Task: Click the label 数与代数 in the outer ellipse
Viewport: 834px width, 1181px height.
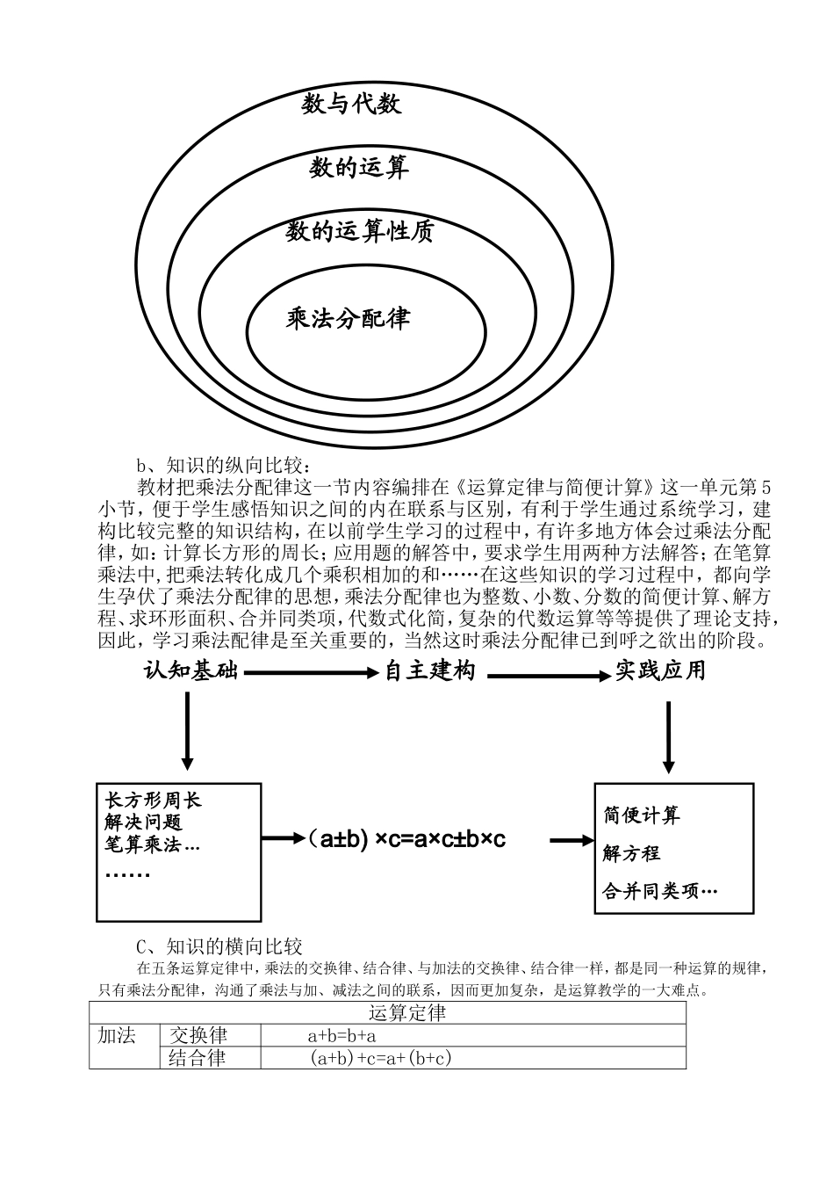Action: click(x=351, y=105)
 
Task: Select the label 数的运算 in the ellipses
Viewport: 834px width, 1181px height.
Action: click(x=359, y=167)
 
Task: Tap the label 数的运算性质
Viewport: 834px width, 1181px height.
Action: click(x=360, y=232)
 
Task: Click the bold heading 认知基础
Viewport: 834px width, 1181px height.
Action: click(x=191, y=672)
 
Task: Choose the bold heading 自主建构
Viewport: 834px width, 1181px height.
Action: click(x=430, y=672)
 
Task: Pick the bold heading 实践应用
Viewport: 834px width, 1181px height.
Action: click(x=659, y=671)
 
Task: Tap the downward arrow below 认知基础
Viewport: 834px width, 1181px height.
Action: click(x=186, y=729)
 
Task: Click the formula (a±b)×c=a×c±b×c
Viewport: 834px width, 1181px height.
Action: click(x=406, y=839)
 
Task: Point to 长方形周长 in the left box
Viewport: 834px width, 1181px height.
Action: click(x=153, y=800)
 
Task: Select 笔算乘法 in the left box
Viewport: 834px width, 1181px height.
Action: click(x=152, y=844)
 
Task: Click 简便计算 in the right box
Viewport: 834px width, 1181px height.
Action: click(x=641, y=815)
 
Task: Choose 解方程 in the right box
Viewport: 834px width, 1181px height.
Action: click(x=631, y=853)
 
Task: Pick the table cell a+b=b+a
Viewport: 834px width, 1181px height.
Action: click(x=342, y=1036)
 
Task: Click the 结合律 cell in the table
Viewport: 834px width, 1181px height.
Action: click(x=197, y=1058)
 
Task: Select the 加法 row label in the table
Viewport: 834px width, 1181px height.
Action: click(x=117, y=1036)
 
